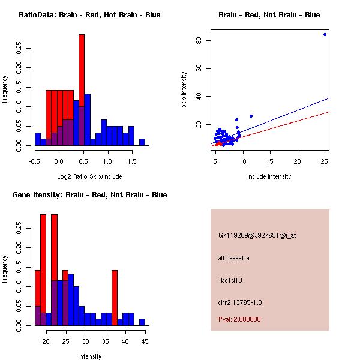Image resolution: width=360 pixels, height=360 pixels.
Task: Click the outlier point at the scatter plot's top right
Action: coord(325,34)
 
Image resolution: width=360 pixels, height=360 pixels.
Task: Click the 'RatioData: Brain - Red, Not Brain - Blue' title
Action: coord(89,15)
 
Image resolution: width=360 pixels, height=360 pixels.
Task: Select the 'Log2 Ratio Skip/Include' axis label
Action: coord(89,176)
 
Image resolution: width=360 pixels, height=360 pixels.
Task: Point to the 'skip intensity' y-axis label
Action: coord(184,90)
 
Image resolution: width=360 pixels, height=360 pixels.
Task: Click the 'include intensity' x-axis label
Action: coord(269,176)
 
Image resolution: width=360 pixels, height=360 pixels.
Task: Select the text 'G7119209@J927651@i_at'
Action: coord(257,235)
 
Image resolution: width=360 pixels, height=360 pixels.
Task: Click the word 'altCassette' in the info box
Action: coord(233,258)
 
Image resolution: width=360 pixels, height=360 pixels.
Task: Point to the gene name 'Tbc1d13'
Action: coord(230,280)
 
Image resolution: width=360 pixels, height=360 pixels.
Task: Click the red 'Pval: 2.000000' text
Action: coord(239,319)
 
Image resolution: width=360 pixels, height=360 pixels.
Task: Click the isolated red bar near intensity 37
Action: coord(115,298)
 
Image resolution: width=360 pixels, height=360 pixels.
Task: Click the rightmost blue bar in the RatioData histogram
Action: coord(142,142)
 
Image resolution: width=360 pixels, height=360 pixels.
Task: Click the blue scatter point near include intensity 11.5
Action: coord(251,116)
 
